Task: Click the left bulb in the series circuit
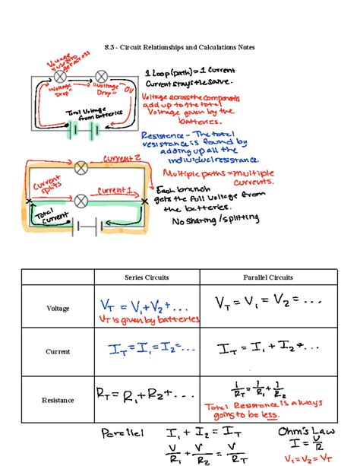pyautogui.click(x=60, y=75)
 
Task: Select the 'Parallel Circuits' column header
pyautogui.click(x=267, y=277)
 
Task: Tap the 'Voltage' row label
pyautogui.click(x=58, y=309)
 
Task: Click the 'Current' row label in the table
pyautogui.click(x=58, y=352)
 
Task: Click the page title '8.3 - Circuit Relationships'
pyautogui.click(x=179, y=47)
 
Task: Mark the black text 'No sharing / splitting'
pyautogui.click(x=216, y=220)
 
